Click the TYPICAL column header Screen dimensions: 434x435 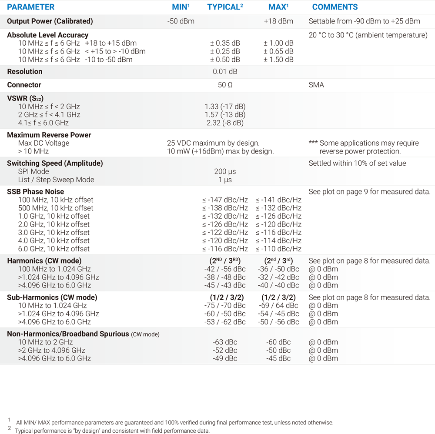[224, 7]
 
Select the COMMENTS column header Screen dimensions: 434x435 [335, 7]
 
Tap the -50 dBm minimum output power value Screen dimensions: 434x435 [181, 21]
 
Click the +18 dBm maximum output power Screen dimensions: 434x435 [278, 21]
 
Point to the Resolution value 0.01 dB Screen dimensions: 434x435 [225, 72]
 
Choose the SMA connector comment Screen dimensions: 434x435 [316, 85]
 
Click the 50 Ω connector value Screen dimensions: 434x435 [225, 85]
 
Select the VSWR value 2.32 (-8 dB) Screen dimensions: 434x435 [225, 123]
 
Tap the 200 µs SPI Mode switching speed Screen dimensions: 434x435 [225, 172]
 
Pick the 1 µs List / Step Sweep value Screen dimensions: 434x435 [225, 180]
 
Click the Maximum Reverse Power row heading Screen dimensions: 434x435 [49, 135]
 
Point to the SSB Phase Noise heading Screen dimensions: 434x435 [36, 192]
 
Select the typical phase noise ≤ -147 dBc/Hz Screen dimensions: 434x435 [225, 200]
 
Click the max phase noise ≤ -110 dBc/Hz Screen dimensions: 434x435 [278, 249]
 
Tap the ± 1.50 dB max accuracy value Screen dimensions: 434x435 [278, 60]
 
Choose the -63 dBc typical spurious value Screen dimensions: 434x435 [225, 342]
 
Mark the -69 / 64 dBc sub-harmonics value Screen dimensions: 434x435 [278, 306]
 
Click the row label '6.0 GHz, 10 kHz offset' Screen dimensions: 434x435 [54, 249]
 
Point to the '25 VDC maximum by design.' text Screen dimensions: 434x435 [213, 143]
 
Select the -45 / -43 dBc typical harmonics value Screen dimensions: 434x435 [225, 286]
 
